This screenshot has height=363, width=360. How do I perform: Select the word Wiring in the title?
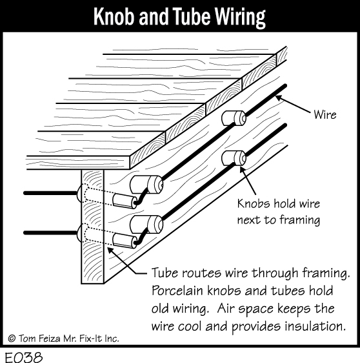coord(240,18)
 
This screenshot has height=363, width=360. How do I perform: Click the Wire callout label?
coord(325,115)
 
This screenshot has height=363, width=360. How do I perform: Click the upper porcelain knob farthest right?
coord(234,118)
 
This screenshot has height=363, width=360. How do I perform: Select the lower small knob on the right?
coord(234,158)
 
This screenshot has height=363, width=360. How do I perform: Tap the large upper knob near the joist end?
coord(146,185)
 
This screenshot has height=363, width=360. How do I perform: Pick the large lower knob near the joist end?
coord(146,225)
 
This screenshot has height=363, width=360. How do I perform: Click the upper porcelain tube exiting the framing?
coord(125,201)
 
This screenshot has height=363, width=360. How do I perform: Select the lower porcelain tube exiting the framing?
coord(125,241)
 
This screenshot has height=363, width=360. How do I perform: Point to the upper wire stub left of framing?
coord(50,193)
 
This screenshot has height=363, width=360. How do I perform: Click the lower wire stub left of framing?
coord(50,233)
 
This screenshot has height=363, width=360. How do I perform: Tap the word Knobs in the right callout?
coord(254,203)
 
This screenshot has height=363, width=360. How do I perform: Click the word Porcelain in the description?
coord(177,291)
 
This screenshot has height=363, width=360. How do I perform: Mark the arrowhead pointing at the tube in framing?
coord(111,251)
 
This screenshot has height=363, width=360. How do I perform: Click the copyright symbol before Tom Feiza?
coord(12,338)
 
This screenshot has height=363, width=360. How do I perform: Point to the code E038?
coord(24,357)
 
